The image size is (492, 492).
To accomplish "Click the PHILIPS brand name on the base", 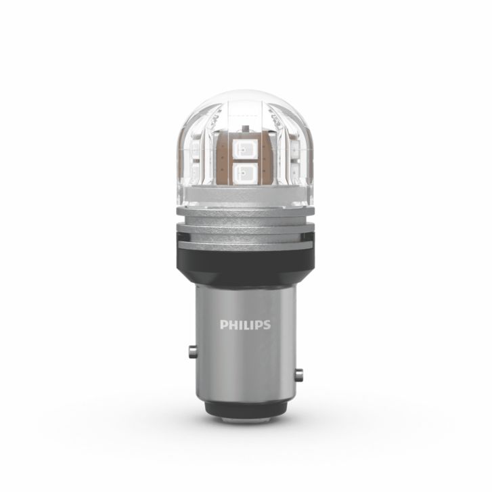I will [245, 325].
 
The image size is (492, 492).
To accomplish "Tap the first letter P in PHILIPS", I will [224, 325].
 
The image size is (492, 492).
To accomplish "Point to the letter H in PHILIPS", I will [232, 325].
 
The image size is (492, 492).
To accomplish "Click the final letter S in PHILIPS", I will [266, 325].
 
